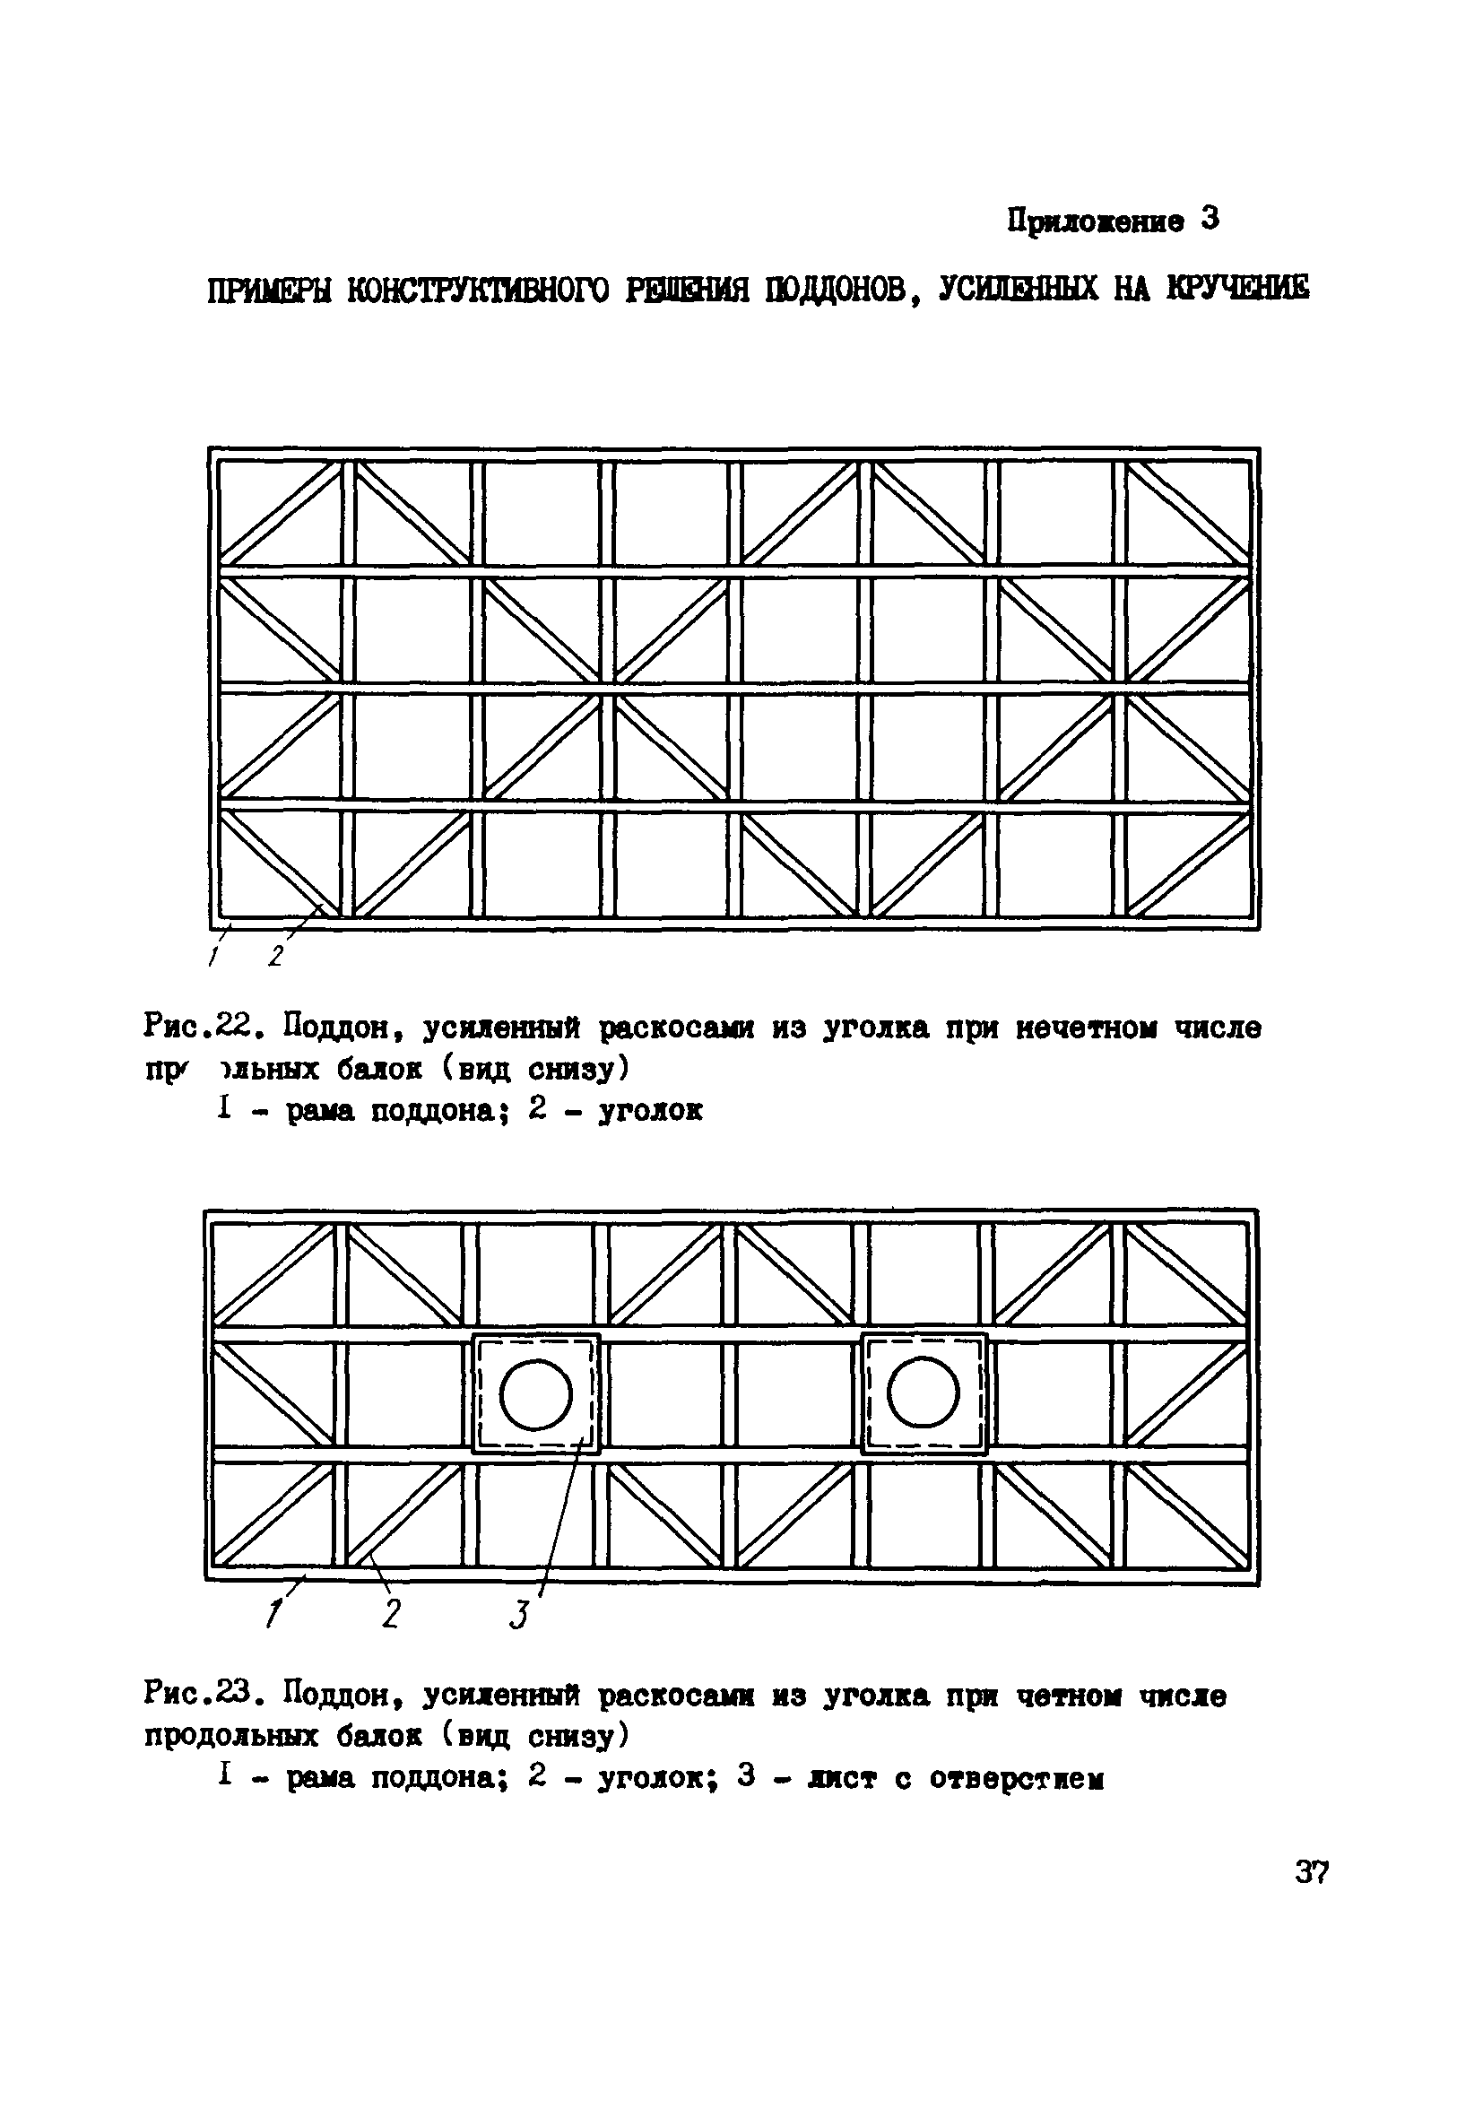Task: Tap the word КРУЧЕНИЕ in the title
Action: [1236, 289]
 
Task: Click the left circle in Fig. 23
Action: [536, 1393]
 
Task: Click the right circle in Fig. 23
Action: [924, 1393]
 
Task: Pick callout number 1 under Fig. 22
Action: [212, 957]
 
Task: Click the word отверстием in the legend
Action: [1015, 1777]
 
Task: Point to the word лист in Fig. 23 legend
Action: [839, 1777]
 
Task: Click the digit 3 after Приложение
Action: [1210, 220]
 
